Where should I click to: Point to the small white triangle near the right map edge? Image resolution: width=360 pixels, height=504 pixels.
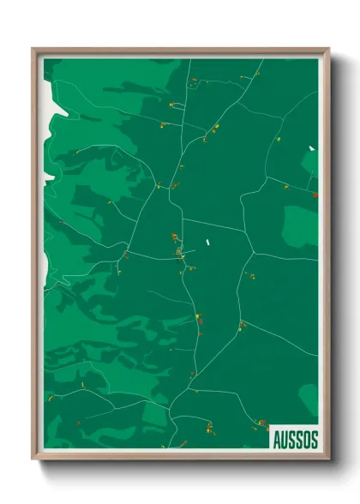coord(312,149)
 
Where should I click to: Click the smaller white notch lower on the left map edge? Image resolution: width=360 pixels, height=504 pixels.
coord(48,174)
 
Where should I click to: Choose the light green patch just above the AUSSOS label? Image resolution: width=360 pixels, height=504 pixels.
coord(309,398)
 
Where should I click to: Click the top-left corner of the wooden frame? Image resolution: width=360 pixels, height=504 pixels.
coord(33,50)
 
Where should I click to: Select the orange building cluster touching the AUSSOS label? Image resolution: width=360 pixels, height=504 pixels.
coord(262,423)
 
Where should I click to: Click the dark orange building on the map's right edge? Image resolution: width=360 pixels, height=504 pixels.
coord(315,195)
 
